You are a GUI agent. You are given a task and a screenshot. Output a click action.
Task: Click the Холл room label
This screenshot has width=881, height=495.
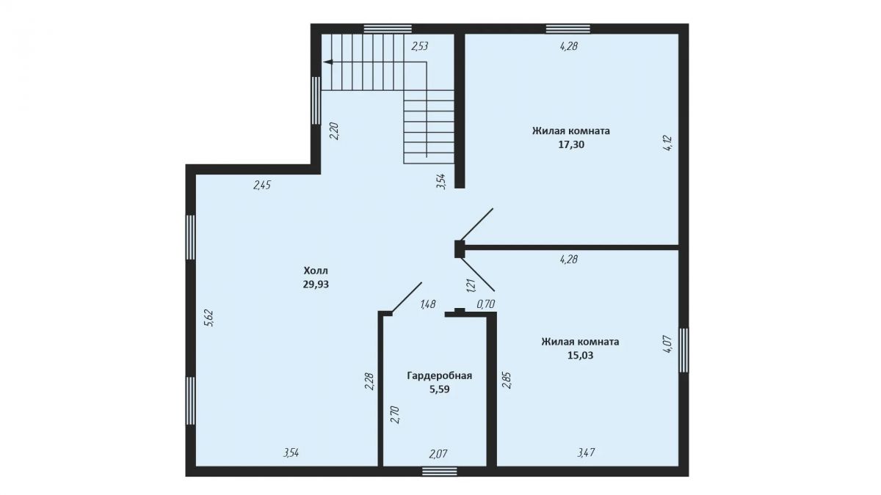click(316, 271)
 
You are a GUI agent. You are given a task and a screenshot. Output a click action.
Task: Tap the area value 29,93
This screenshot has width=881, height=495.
click(316, 285)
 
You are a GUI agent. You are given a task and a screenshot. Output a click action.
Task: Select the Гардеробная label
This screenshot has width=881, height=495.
click(439, 376)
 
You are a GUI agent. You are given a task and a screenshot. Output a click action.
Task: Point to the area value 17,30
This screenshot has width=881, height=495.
click(571, 144)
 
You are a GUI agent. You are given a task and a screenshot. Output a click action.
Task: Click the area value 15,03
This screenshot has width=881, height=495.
click(580, 356)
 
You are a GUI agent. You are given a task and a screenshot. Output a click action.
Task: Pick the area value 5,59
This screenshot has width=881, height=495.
click(439, 389)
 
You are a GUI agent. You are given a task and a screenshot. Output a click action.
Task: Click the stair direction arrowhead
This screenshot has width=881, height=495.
click(327, 62)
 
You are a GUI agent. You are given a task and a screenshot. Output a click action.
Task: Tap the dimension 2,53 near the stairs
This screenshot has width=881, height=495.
click(420, 46)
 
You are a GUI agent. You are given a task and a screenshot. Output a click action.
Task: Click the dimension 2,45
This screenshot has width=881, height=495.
click(262, 185)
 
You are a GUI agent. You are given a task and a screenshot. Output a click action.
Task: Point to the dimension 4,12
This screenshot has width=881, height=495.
click(668, 144)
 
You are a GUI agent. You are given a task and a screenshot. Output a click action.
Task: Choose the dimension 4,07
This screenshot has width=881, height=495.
click(668, 343)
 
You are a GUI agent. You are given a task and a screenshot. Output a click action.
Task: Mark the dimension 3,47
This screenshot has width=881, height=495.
click(586, 453)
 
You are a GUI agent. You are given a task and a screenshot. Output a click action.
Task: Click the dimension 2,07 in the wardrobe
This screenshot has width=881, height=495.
click(438, 454)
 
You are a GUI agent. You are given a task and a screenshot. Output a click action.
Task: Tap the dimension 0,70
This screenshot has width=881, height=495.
click(486, 304)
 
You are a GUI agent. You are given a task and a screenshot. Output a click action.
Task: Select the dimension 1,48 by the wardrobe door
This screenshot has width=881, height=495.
click(428, 304)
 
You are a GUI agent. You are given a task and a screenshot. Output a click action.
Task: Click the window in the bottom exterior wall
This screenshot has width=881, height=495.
click(440, 472)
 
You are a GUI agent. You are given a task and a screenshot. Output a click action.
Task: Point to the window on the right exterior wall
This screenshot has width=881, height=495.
click(684, 351)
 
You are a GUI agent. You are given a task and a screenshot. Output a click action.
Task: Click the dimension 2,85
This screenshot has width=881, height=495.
click(507, 381)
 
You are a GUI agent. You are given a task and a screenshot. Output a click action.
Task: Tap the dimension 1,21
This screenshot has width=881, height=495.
click(471, 285)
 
